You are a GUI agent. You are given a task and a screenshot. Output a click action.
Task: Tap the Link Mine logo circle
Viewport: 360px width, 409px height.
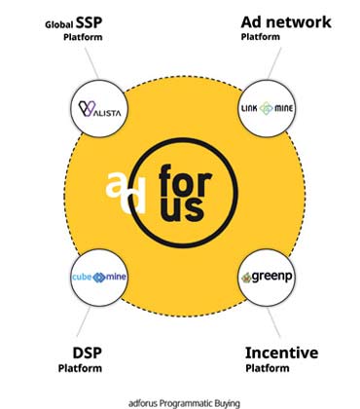pyautogui.click(x=267, y=108)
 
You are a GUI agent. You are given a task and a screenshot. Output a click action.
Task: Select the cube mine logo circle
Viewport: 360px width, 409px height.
pyautogui.click(x=99, y=278)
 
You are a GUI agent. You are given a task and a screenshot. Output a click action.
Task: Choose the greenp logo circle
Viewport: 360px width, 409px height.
pyautogui.click(x=267, y=278)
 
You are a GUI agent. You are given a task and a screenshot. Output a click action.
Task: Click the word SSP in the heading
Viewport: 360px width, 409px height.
pyautogui.click(x=89, y=22)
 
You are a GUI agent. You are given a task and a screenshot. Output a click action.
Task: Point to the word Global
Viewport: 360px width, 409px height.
pyautogui.click(x=59, y=25)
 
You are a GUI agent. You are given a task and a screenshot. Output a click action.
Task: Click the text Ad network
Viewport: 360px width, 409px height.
pyautogui.click(x=286, y=22)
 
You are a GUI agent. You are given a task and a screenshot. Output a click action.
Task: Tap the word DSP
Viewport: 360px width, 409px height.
pyautogui.click(x=88, y=353)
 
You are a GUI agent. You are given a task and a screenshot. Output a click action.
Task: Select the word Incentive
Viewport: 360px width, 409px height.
pyautogui.click(x=281, y=353)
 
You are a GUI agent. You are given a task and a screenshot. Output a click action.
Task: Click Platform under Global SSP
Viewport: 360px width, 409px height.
pyautogui.click(x=83, y=37)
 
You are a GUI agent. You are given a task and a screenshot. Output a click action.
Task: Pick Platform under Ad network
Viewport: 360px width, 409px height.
pyautogui.click(x=260, y=37)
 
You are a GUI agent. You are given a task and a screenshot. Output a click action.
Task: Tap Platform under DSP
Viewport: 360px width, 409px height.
pyautogui.click(x=80, y=368)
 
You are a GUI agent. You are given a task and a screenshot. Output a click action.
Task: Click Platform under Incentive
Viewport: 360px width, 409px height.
pyautogui.click(x=268, y=368)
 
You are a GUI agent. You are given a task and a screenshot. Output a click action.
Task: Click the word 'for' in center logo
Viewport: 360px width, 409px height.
pyautogui.click(x=186, y=181)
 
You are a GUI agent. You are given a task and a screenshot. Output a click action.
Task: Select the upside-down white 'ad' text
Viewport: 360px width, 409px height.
pyautogui.click(x=126, y=193)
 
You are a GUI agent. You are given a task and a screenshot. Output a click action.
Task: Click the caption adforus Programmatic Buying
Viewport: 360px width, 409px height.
pyautogui.click(x=184, y=403)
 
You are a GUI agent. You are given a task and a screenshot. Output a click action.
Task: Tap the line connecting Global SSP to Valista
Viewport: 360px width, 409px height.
pyautogui.click(x=91, y=63)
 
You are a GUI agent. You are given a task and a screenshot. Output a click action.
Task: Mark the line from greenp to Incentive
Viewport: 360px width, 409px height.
pyautogui.click(x=273, y=322)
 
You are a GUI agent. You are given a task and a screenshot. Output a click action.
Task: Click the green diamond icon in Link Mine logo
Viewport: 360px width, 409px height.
pyautogui.click(x=267, y=108)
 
